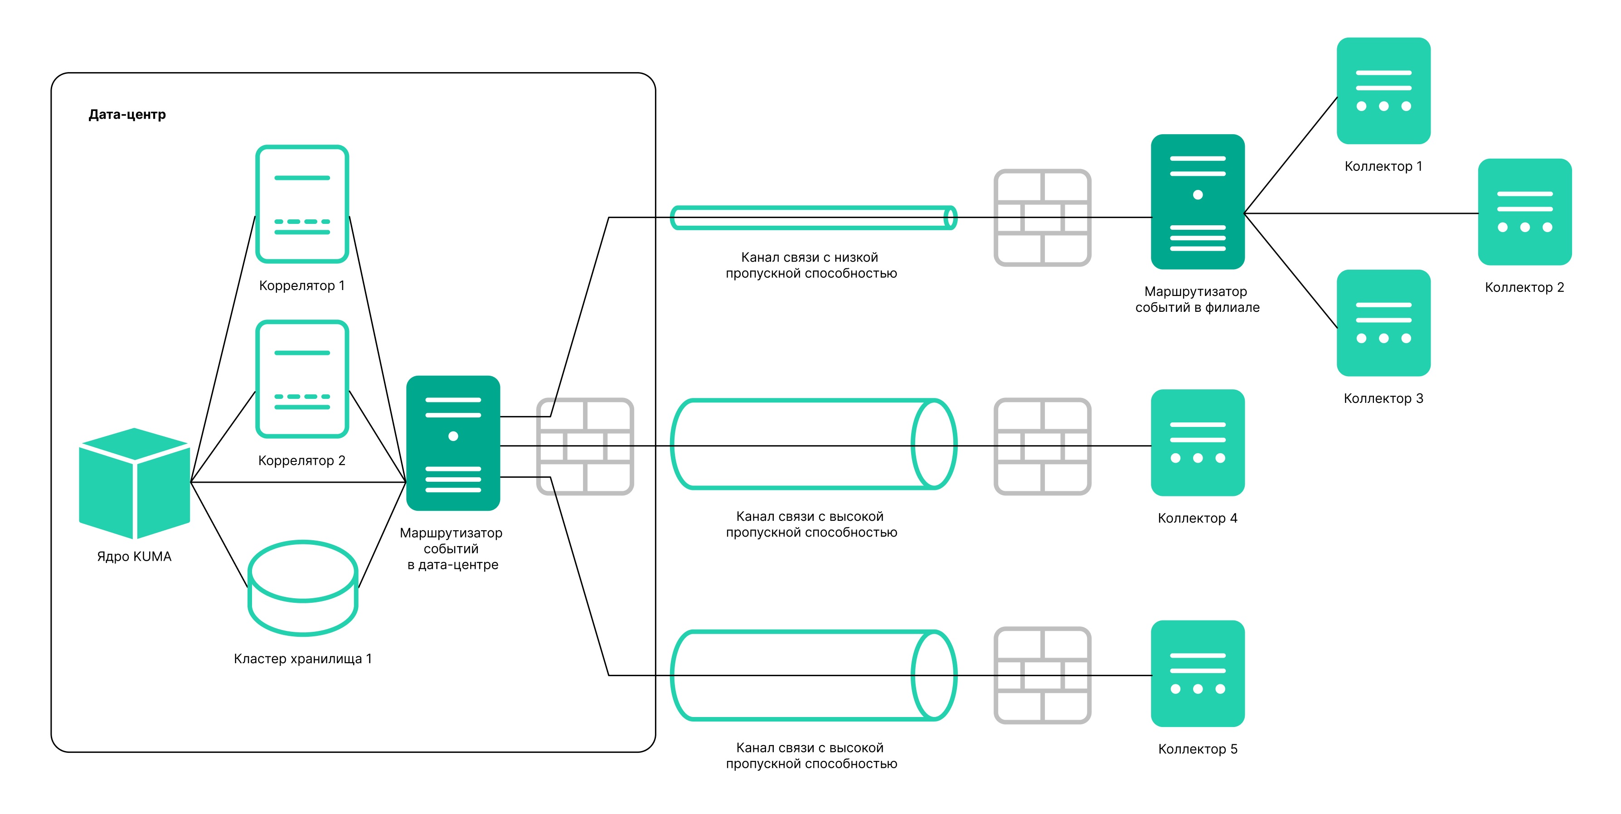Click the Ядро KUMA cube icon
[134, 483]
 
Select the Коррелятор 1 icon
[302, 204]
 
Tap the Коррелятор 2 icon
[302, 379]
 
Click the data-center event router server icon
[453, 443]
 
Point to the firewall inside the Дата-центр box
[585, 446]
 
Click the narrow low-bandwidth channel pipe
[813, 218]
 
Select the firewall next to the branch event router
[1042, 218]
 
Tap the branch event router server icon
[1198, 201]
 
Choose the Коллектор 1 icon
[1383, 91]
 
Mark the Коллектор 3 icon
[1383, 323]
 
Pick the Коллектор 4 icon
[1198, 442]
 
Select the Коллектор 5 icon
[1198, 673]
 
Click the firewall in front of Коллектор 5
[1042, 675]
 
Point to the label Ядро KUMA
[134, 557]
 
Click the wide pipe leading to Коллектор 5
[813, 675]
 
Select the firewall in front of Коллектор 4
[1042, 446]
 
